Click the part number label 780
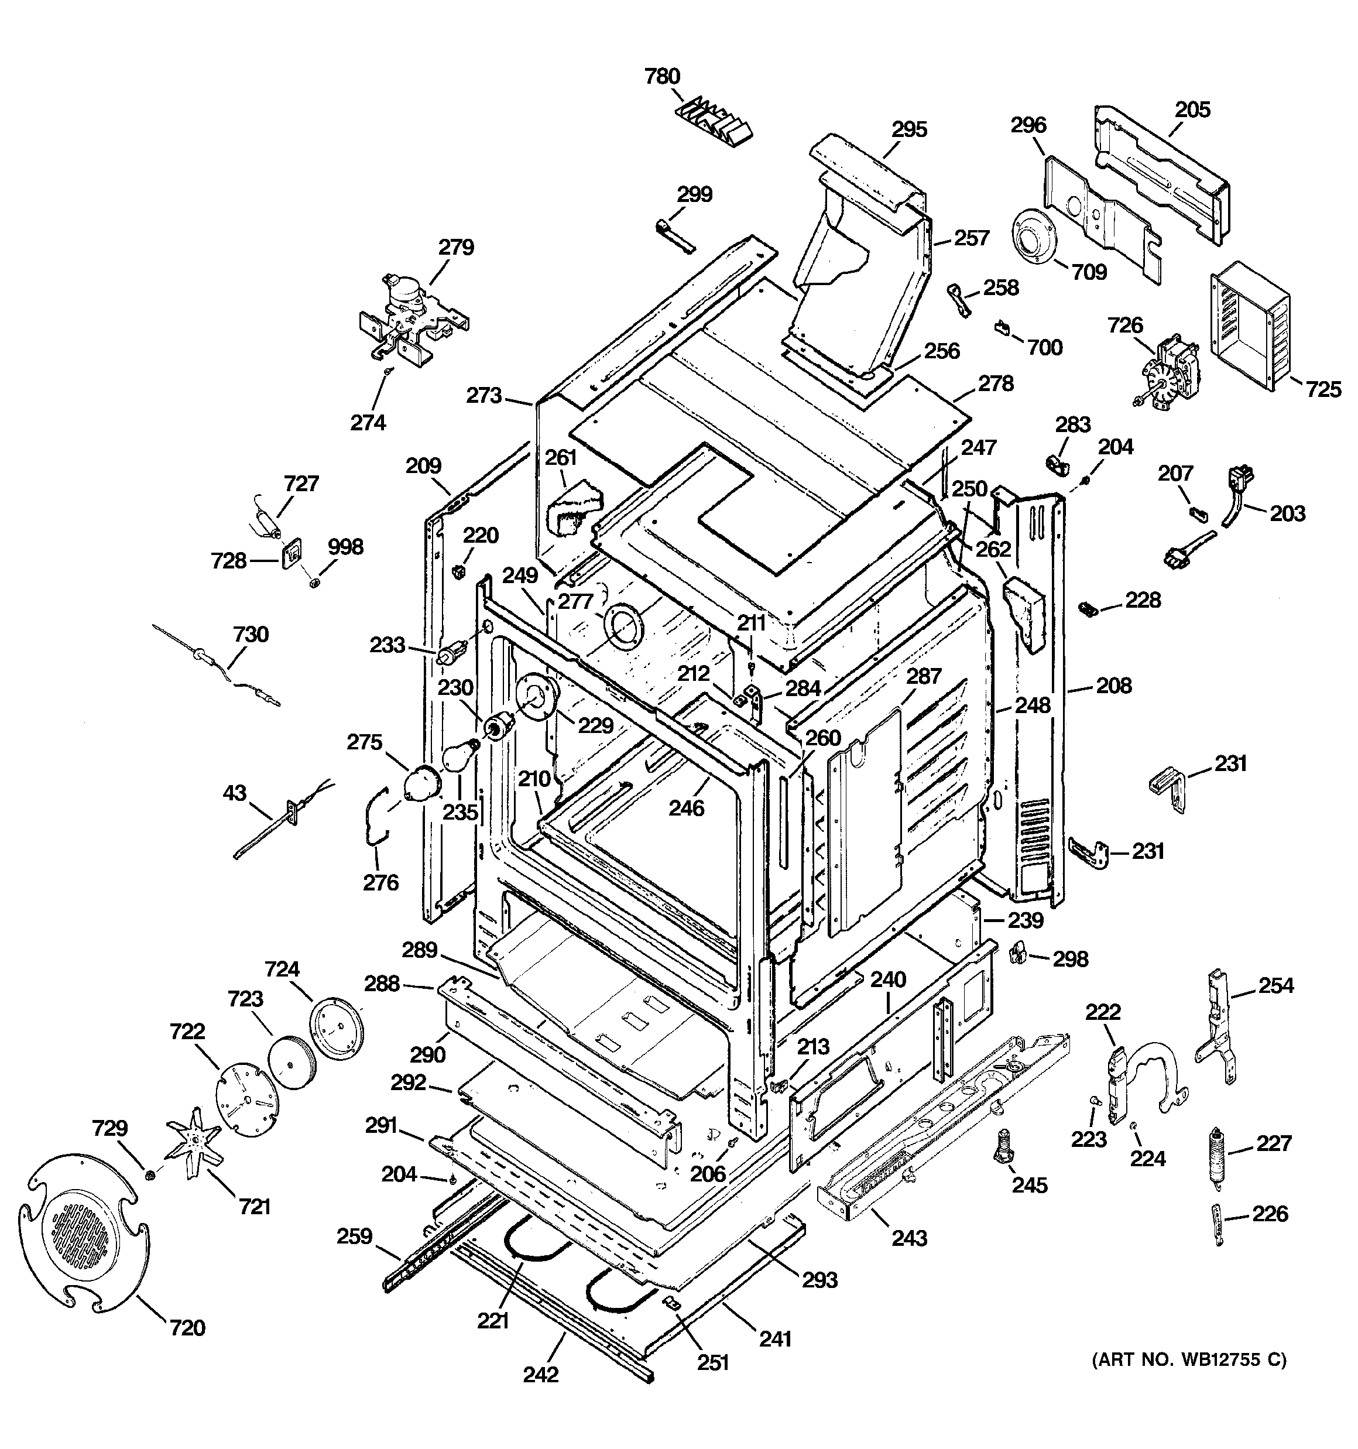662,77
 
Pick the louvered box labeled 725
1249,324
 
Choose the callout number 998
345,547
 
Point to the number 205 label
1192,110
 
